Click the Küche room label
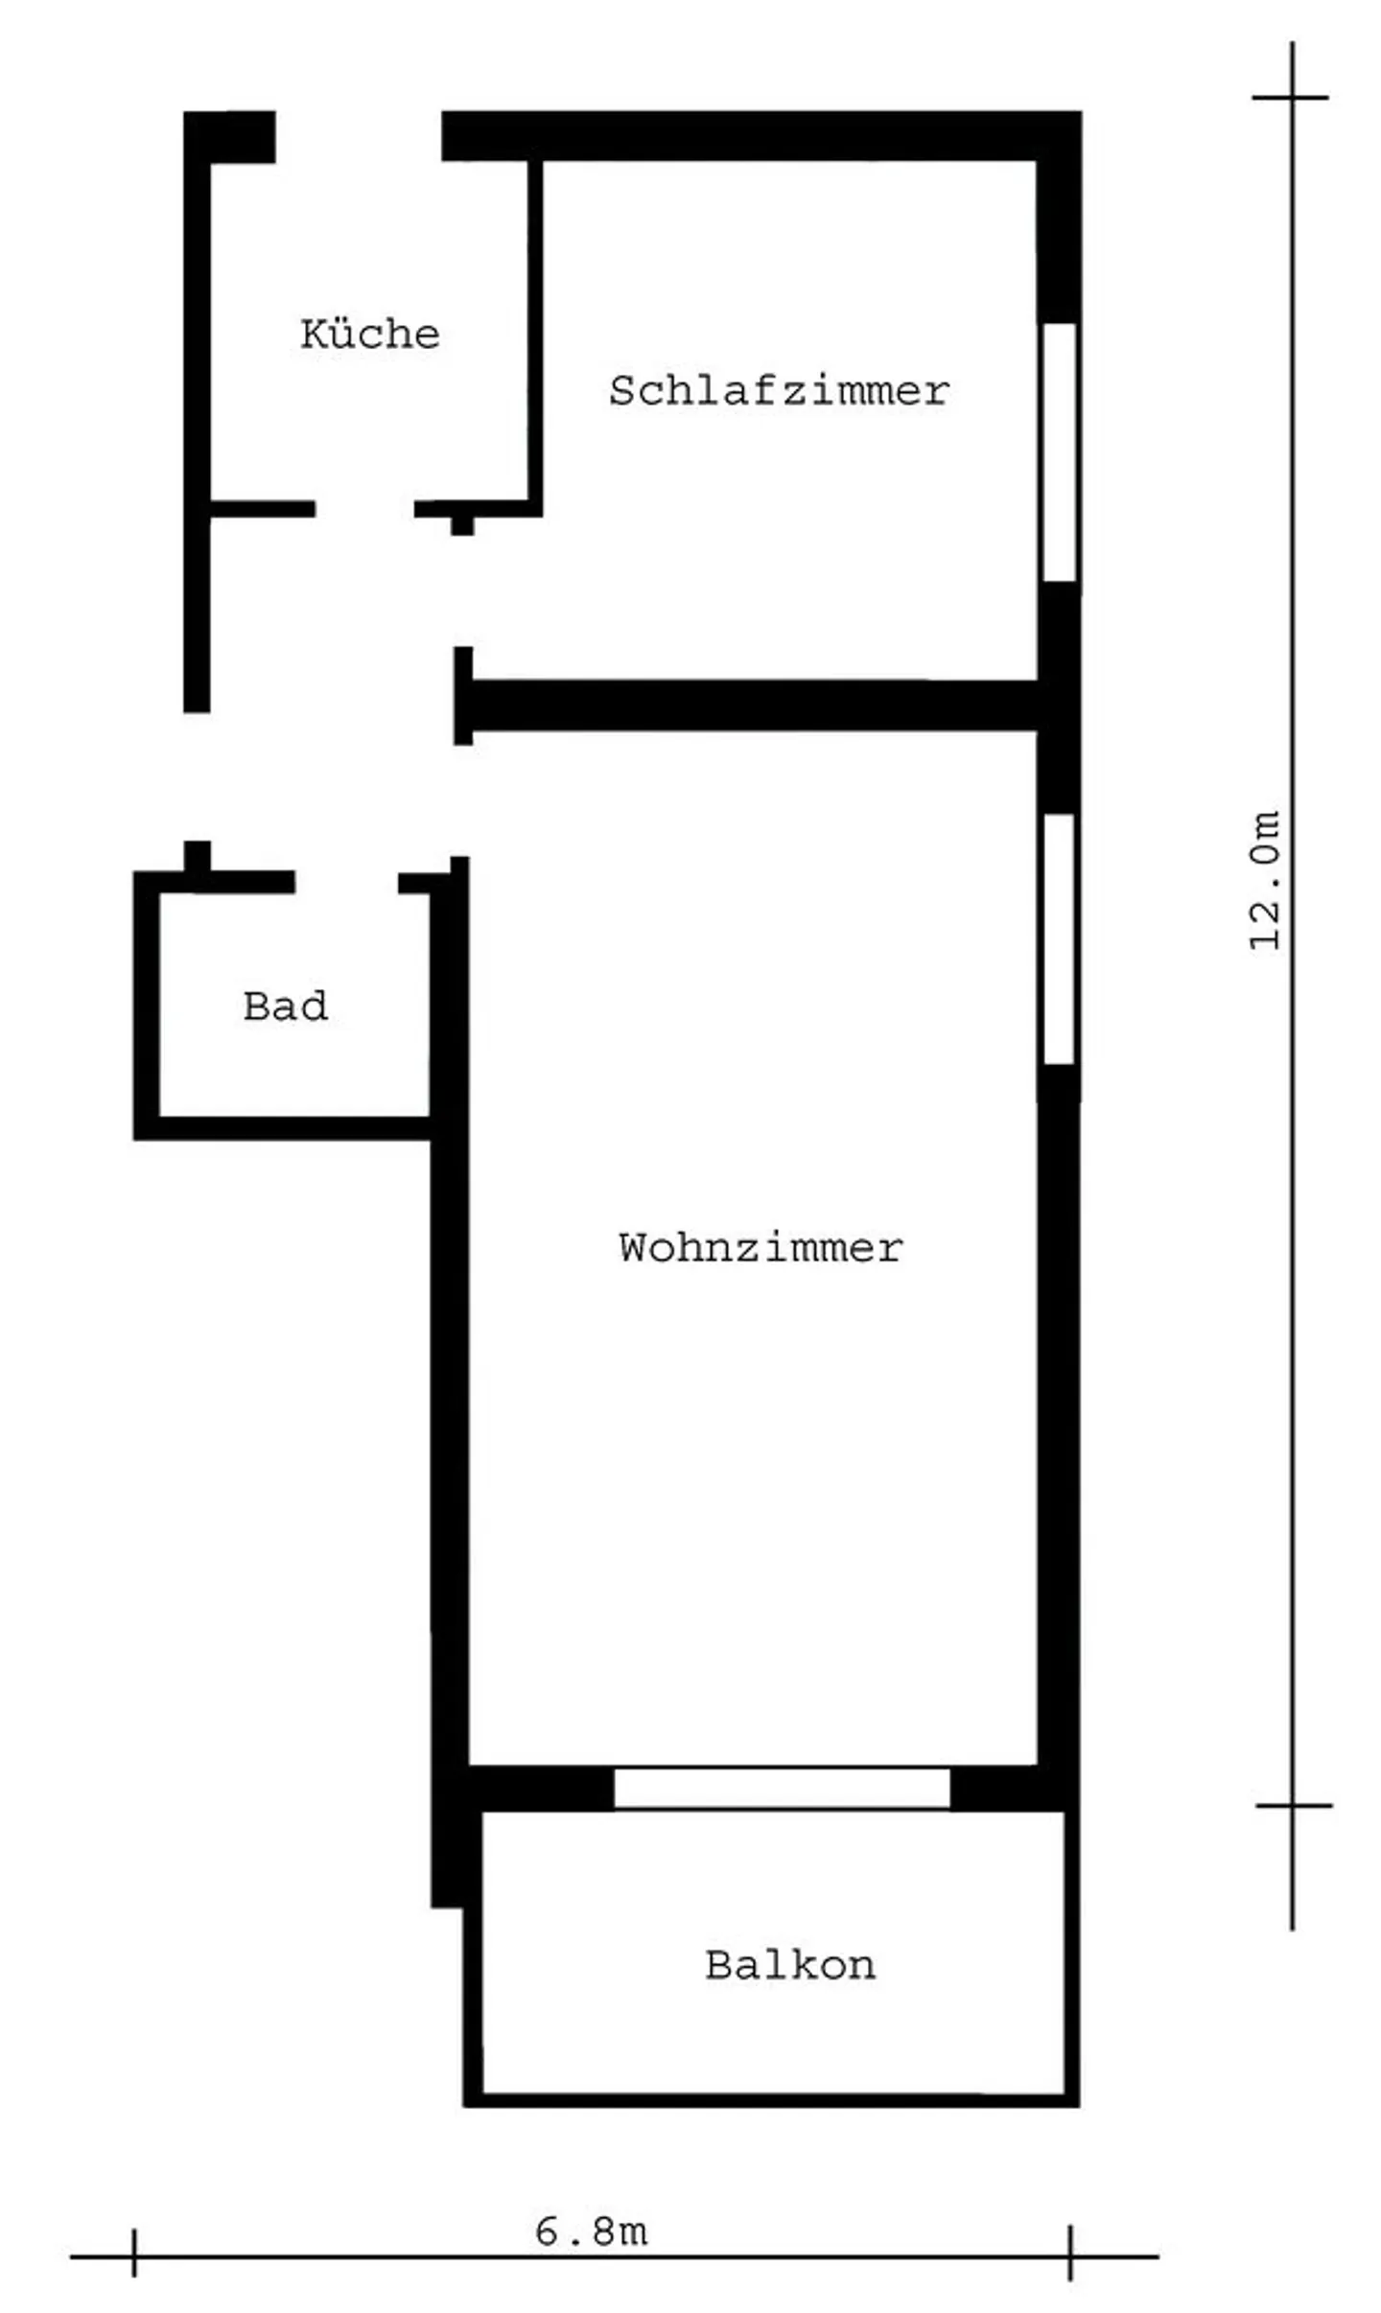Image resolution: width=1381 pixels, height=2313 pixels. (x=369, y=335)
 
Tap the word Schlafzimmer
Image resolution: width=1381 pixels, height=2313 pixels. (x=778, y=391)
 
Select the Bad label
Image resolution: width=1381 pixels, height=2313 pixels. (x=285, y=1006)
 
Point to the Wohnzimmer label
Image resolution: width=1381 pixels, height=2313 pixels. (x=760, y=1248)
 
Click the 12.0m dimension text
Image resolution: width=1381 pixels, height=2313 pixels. (x=1265, y=880)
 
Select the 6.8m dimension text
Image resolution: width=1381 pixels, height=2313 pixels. (x=591, y=2232)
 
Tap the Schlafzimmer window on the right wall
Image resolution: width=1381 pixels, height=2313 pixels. (x=1059, y=452)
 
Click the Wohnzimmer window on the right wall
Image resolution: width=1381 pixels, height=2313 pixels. (x=1059, y=938)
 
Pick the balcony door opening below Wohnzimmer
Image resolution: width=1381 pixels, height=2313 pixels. (x=781, y=1789)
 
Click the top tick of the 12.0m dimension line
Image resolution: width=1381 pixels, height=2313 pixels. (x=1291, y=98)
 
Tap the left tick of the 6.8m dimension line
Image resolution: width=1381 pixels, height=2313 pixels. (x=134, y=2256)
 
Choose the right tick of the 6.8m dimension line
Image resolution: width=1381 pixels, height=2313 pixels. (x=1069, y=2256)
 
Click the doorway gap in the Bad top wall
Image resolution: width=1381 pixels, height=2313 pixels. (x=346, y=883)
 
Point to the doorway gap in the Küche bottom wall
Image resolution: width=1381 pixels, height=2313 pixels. (x=364, y=509)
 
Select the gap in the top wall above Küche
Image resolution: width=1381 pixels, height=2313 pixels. (x=358, y=136)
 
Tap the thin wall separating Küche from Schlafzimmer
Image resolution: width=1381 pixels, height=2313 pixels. (x=535, y=331)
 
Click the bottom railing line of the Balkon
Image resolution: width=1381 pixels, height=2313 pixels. (x=772, y=2099)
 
